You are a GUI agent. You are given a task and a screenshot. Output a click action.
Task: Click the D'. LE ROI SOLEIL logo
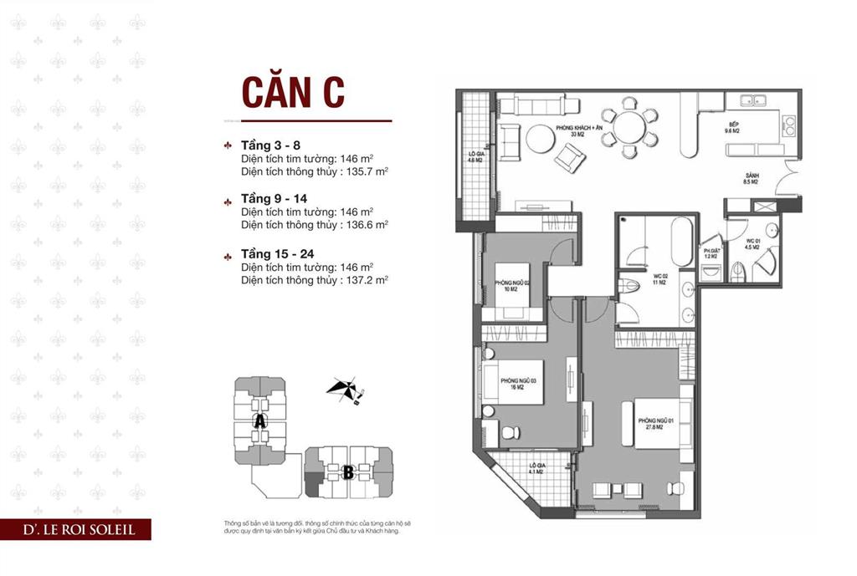pos(76,529)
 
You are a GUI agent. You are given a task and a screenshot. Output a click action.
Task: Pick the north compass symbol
pos(343,390)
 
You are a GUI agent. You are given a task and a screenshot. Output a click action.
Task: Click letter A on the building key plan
pos(260,422)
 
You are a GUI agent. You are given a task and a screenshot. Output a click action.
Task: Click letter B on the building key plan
pos(347,472)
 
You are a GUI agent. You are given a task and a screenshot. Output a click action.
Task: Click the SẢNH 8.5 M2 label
pos(751,178)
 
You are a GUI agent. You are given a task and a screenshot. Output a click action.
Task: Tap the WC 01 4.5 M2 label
pos(752,245)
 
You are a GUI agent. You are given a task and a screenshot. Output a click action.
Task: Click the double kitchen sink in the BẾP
pos(758,102)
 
